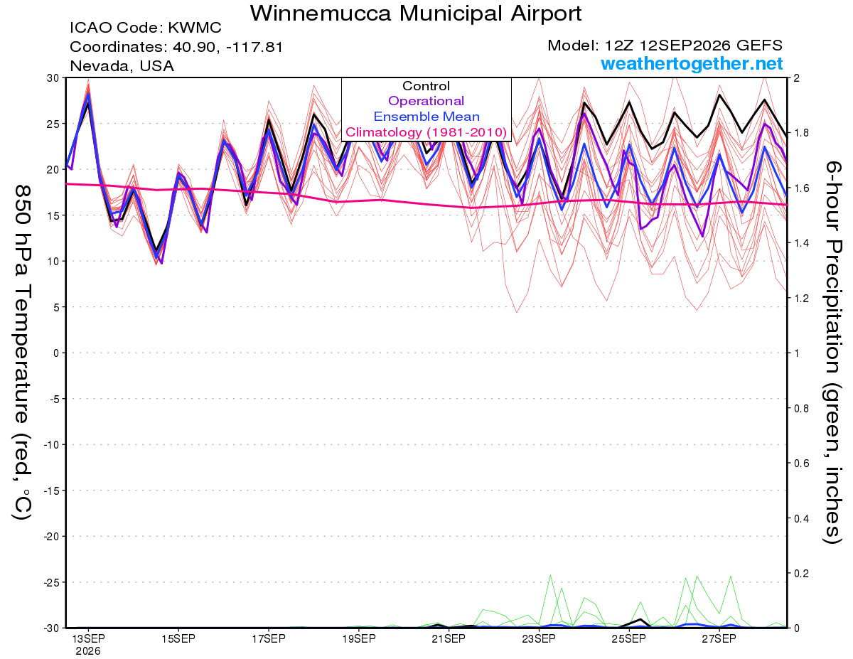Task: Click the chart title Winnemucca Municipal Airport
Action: point(416,14)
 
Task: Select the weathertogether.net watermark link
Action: point(692,63)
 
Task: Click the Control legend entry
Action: point(426,86)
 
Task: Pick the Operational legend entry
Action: point(426,101)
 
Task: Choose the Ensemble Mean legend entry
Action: point(426,117)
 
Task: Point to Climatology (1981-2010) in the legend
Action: point(426,132)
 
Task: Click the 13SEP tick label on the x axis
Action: point(88,638)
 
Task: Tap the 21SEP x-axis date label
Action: point(449,638)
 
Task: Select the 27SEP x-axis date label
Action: point(719,638)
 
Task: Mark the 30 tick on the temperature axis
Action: point(53,78)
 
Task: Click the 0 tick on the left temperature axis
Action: point(56,353)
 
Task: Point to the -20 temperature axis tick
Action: point(51,537)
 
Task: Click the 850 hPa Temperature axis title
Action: point(21,353)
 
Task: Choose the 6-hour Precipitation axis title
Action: point(832,353)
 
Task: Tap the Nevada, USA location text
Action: point(122,66)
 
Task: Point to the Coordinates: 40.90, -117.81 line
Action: point(176,47)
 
